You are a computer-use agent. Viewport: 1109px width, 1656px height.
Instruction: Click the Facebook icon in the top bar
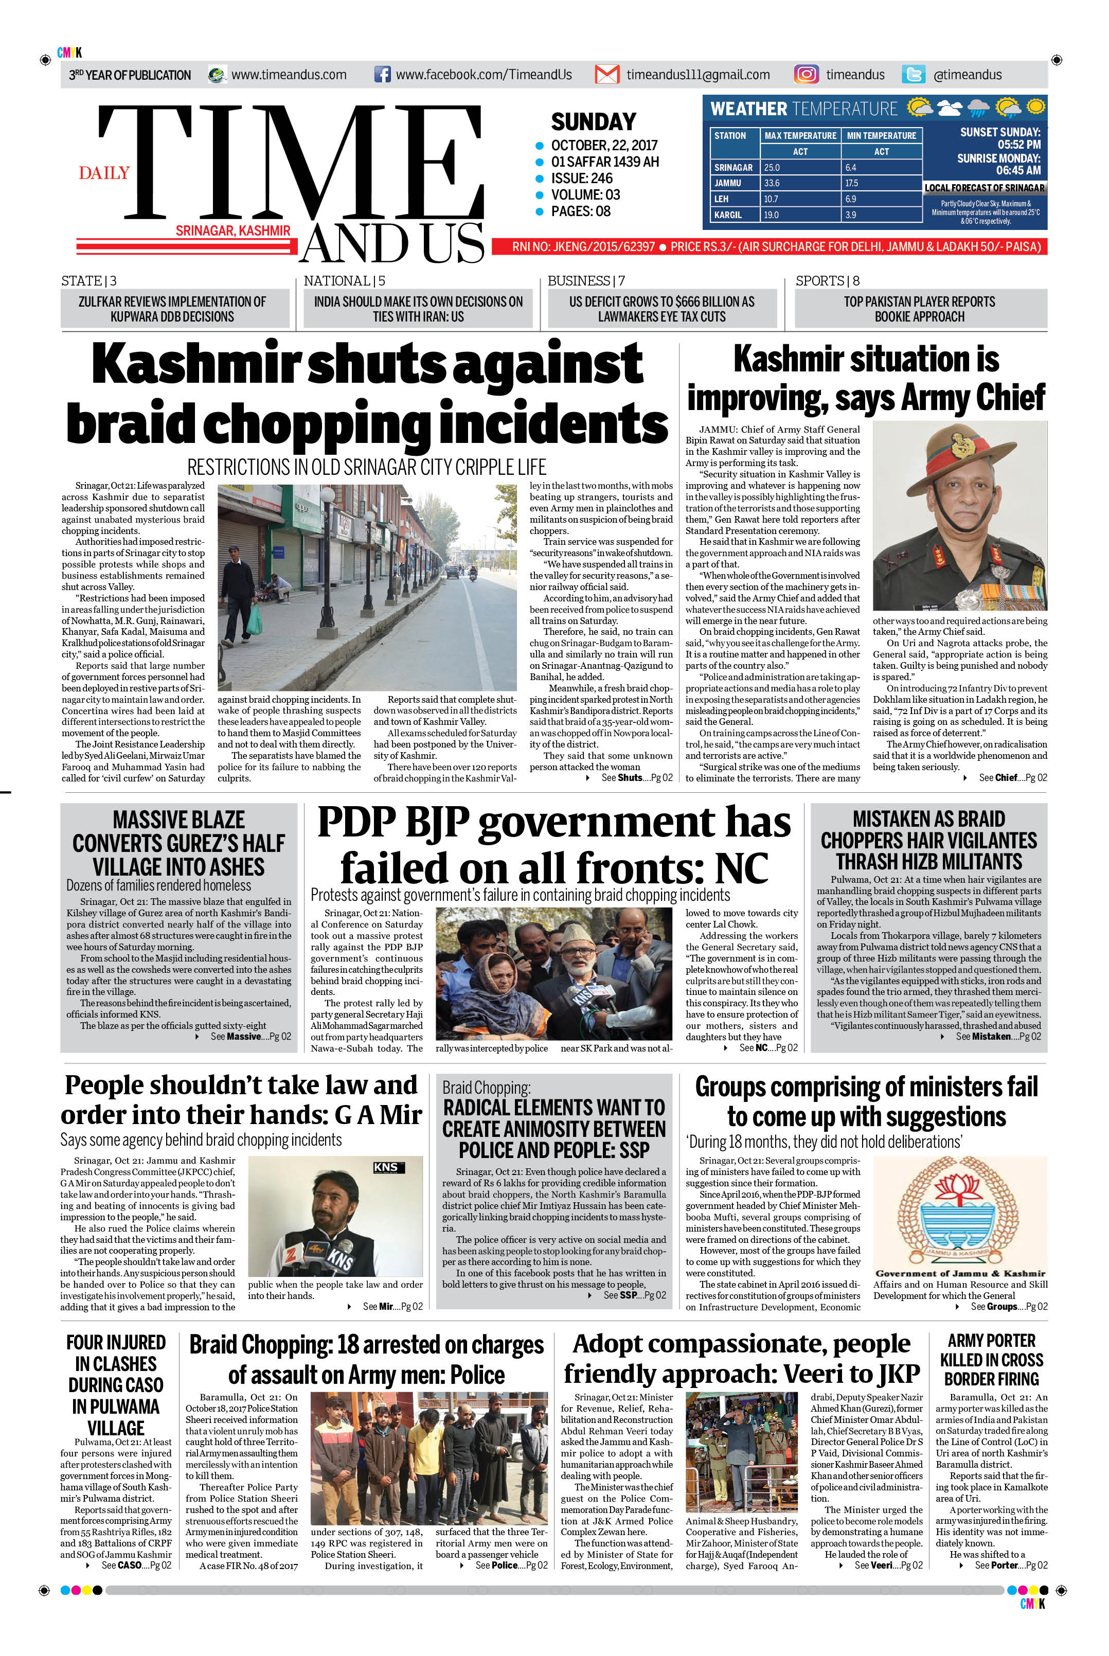pyautogui.click(x=382, y=74)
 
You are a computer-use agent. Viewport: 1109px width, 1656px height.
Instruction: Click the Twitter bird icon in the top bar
pyautogui.click(x=913, y=74)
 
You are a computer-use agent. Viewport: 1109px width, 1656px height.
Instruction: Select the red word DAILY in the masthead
pyautogui.click(x=104, y=173)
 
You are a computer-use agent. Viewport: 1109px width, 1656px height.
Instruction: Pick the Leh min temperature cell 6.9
pyautogui.click(x=850, y=199)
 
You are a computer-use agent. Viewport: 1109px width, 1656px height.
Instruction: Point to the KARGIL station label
pyautogui.click(x=728, y=215)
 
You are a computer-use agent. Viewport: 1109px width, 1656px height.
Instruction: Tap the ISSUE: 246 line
pyautogui.click(x=581, y=179)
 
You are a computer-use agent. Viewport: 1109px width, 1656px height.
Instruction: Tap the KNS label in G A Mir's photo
pyautogui.click(x=385, y=1167)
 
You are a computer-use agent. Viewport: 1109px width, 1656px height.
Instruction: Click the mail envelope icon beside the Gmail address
pyautogui.click(x=606, y=74)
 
